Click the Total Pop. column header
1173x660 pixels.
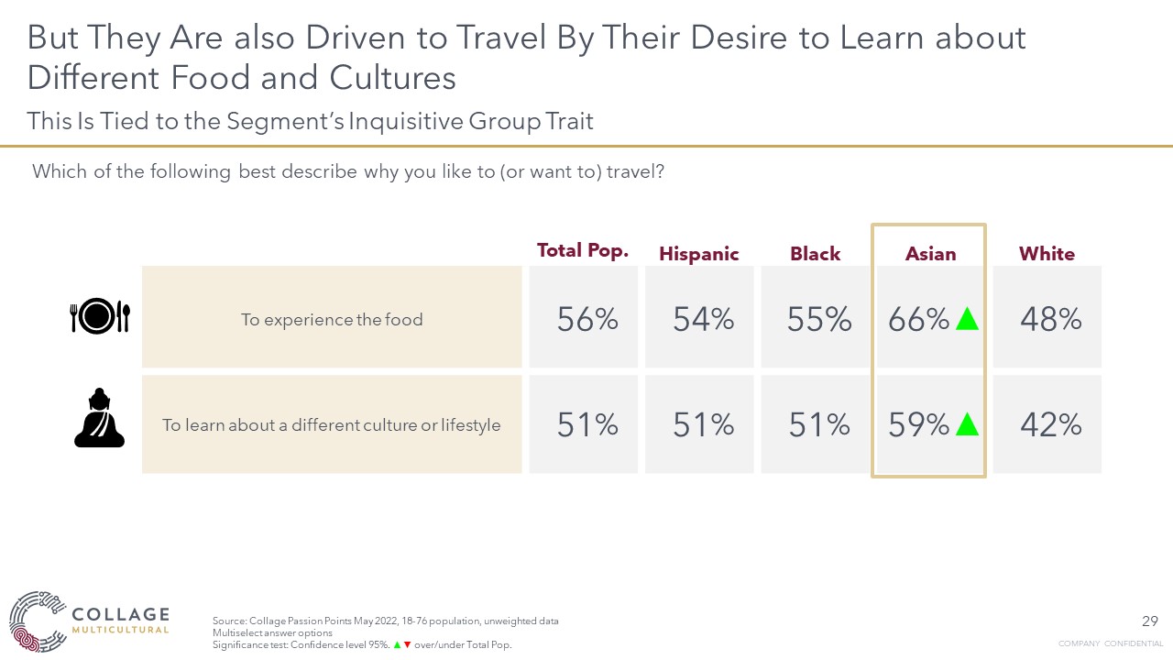583,250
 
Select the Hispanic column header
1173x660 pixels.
699,254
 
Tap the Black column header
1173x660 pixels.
815,254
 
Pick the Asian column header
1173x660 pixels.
930,254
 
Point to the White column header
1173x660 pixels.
1047,254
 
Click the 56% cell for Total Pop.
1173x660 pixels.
587,319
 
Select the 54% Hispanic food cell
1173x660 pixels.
703,319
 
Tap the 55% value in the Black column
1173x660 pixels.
818,319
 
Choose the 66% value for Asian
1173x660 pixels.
918,319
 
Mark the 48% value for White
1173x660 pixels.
1050,319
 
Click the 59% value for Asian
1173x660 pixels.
918,424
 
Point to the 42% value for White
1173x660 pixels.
1050,424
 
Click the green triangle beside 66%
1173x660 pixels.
967,319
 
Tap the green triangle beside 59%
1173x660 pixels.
967,424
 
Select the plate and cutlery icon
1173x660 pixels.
100,317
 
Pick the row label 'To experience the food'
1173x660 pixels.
332,320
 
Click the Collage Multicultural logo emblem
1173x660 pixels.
37,621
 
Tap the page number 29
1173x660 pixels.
1151,621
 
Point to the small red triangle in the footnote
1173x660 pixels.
407,645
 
